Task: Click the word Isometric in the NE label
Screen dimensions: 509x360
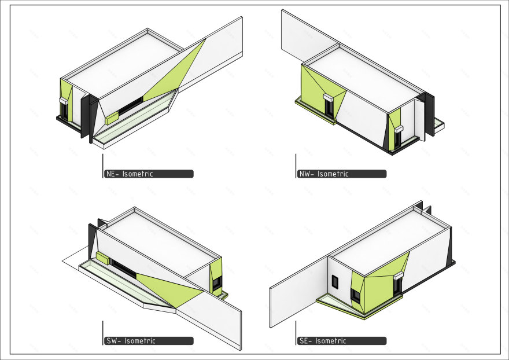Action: [138, 174]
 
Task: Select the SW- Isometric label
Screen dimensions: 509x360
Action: [149, 341]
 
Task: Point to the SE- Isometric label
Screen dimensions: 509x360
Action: [341, 341]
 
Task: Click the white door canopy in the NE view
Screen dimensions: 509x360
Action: [63, 101]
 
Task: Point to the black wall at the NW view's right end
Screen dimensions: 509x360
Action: [429, 113]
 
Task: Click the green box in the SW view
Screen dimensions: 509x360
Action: [103, 258]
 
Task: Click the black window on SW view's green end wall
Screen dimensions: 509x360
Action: [216, 282]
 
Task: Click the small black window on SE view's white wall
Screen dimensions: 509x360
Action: [335, 281]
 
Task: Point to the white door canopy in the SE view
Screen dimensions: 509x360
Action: [399, 276]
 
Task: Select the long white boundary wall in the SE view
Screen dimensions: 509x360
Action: [298, 292]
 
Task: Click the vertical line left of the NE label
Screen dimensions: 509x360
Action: [103, 166]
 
